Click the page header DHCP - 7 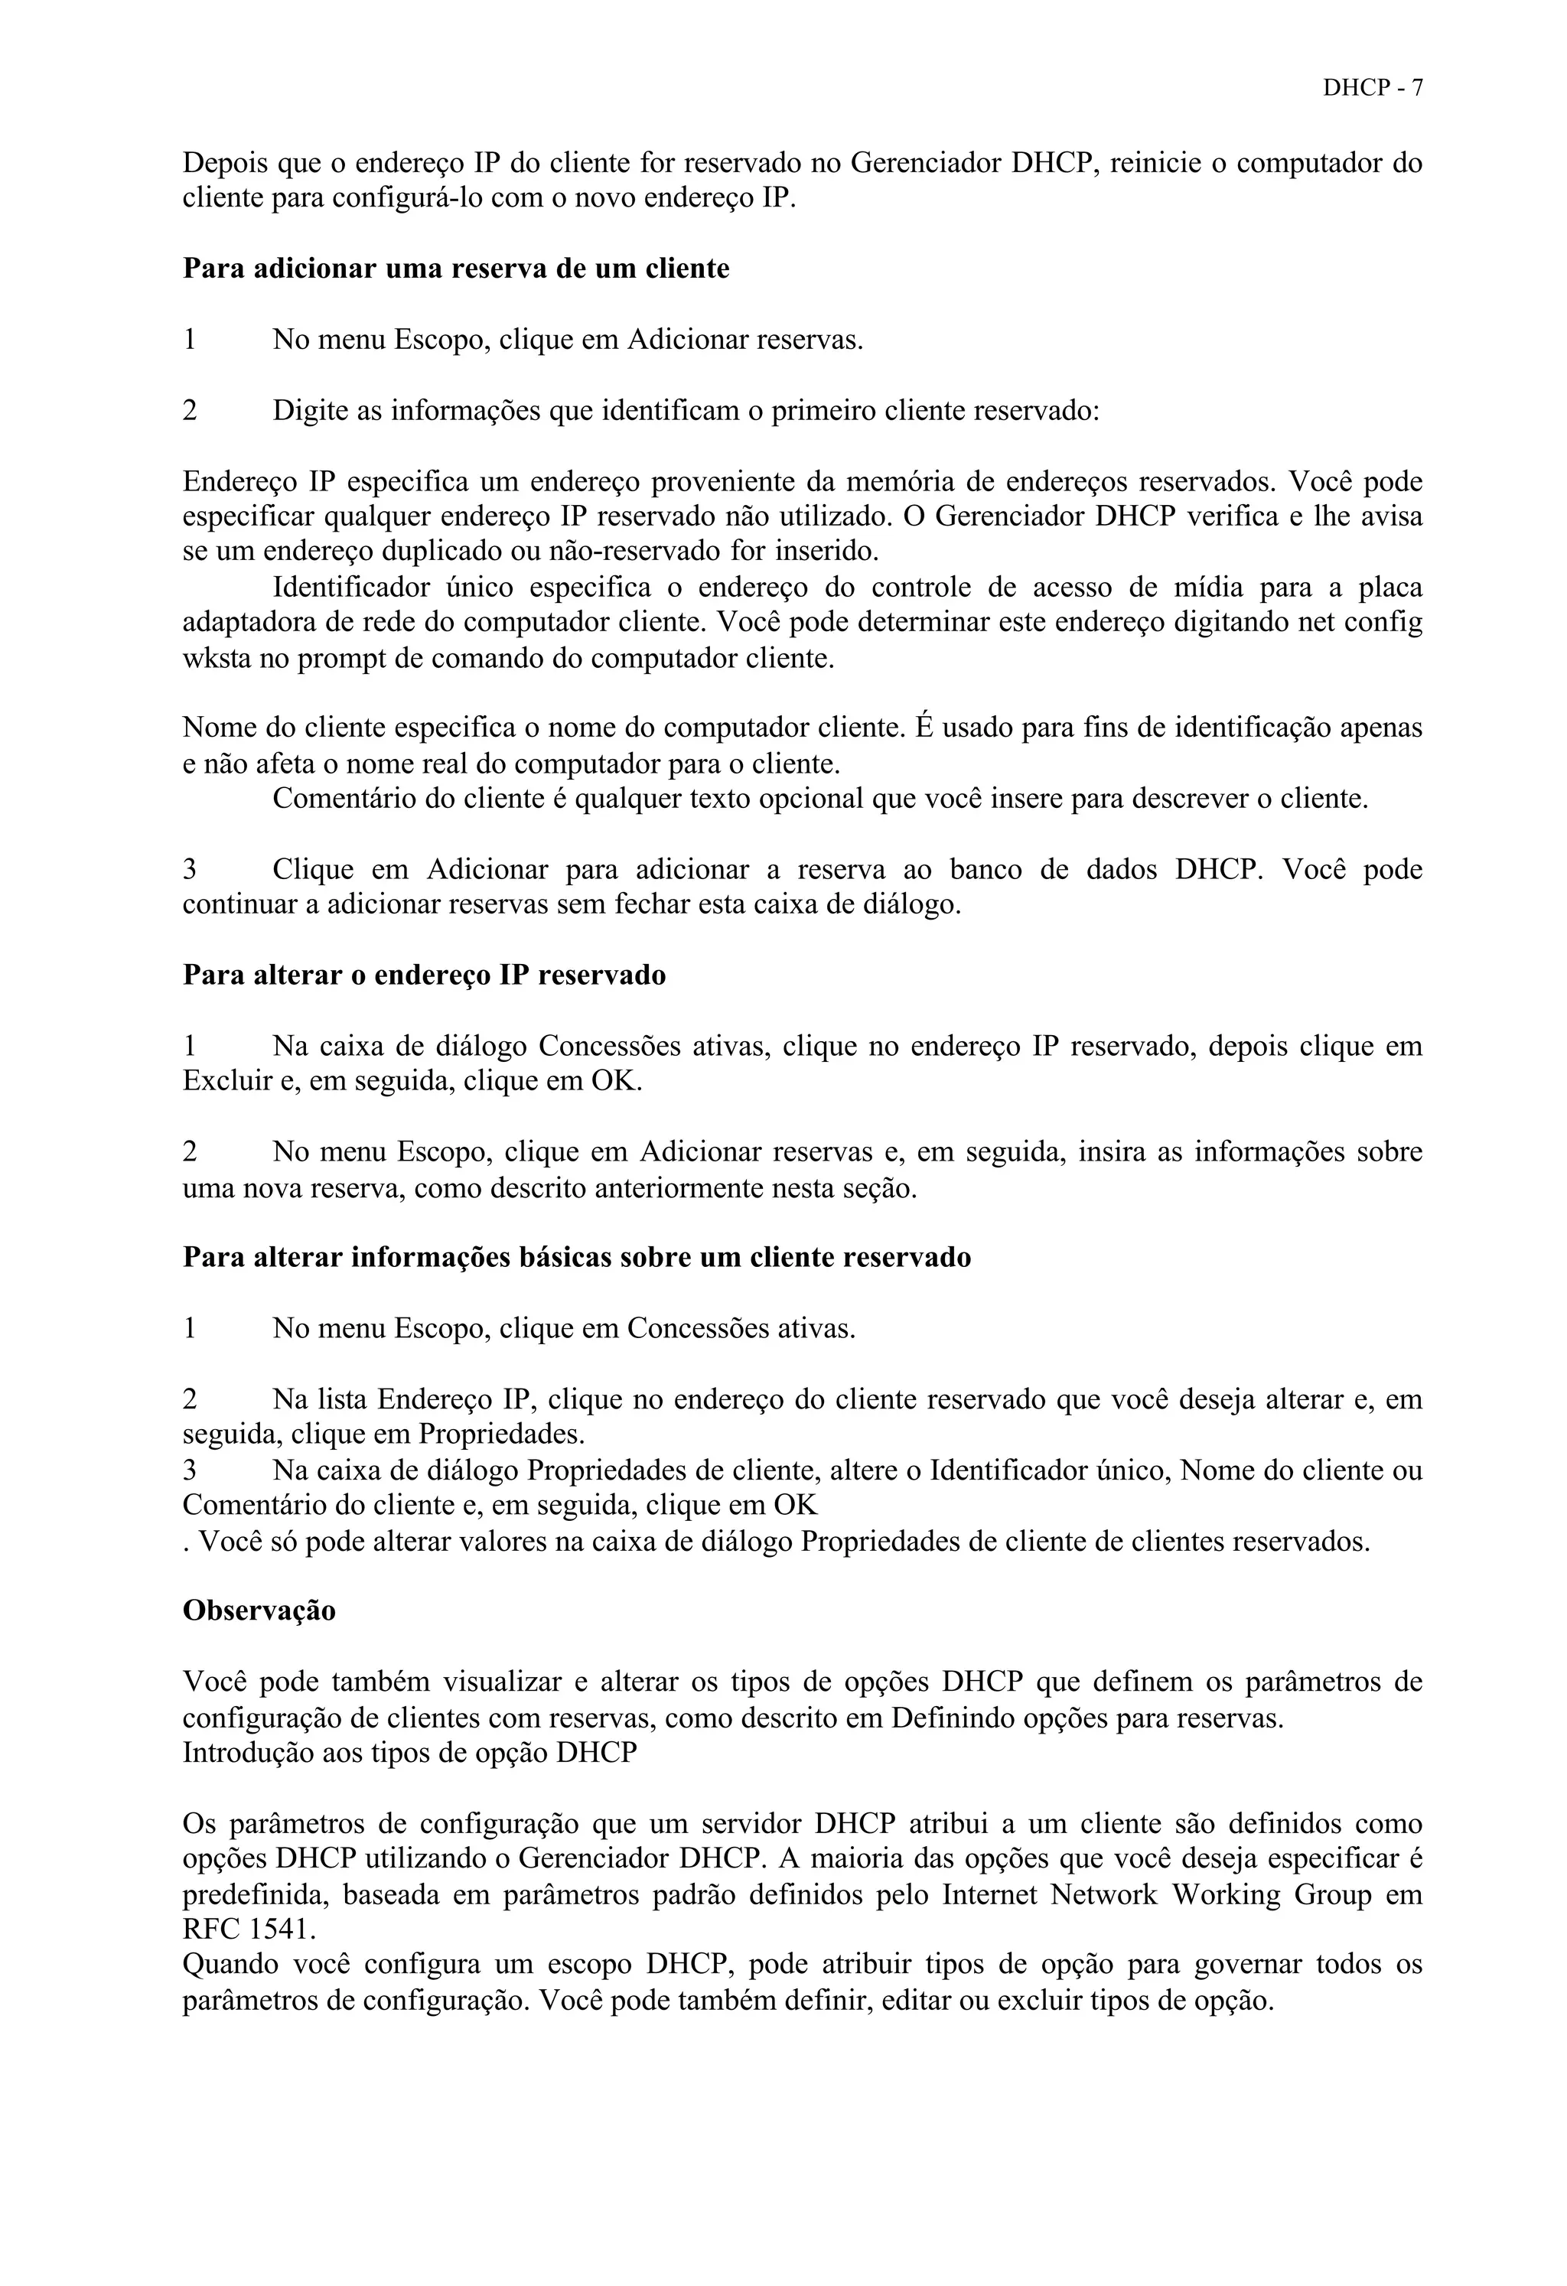click(x=1372, y=87)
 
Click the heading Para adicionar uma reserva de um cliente click(x=457, y=269)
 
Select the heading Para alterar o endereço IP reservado click(x=424, y=975)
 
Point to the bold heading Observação click(x=259, y=1611)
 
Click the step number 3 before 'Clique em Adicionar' click(x=190, y=871)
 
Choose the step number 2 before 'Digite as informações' click(x=190, y=410)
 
